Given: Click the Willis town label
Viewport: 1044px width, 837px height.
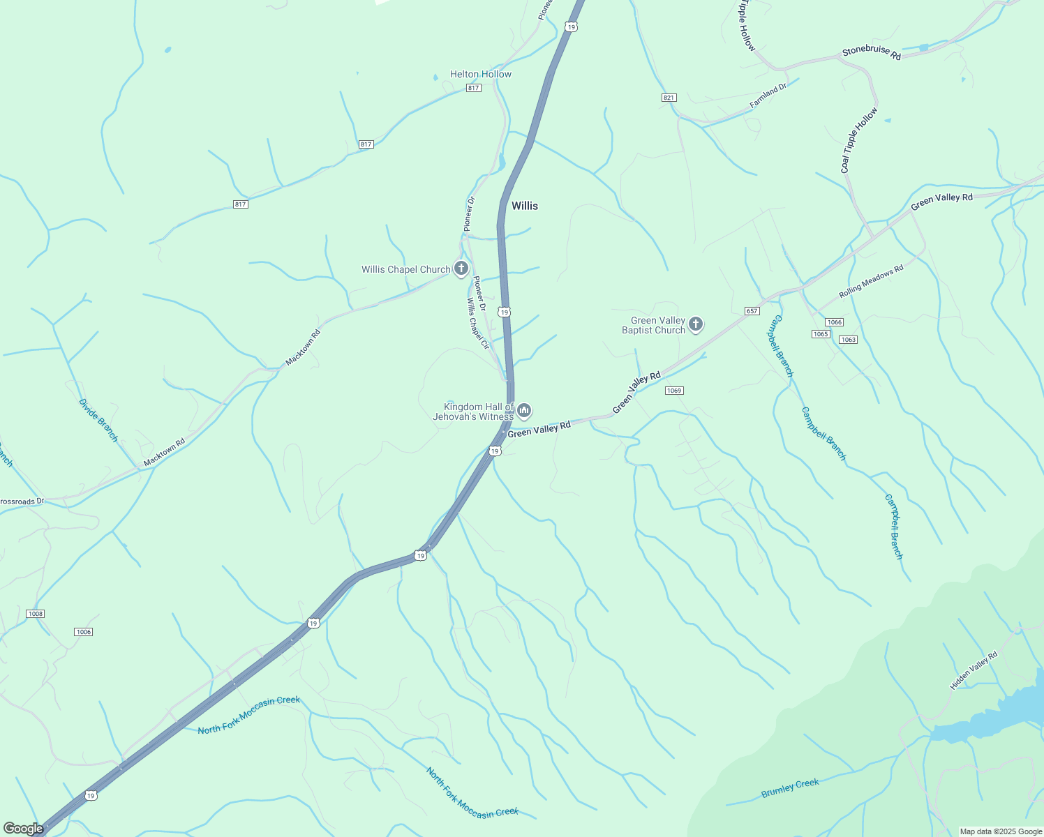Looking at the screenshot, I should [x=525, y=206].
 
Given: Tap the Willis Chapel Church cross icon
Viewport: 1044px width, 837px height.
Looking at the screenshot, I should [x=461, y=268].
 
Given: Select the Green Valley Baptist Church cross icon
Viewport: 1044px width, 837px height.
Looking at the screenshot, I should [x=695, y=324].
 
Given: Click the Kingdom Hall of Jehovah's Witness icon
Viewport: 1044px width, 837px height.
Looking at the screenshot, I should [x=524, y=411].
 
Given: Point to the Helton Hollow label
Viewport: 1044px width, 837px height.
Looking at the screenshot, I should [x=481, y=74].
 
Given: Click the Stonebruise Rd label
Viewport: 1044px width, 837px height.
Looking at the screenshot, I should [x=871, y=52].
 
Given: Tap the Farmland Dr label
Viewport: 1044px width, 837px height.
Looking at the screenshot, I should [x=768, y=96].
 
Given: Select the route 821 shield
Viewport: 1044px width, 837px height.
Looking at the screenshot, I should [x=669, y=98].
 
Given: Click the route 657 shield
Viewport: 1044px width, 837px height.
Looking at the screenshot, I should [x=752, y=311].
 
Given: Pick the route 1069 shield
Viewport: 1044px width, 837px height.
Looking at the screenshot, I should [x=673, y=391].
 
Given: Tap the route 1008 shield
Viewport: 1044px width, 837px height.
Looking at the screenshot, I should [x=35, y=614].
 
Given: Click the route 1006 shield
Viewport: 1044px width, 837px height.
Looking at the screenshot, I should [x=83, y=632].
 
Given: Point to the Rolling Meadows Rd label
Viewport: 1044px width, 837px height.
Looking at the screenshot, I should [x=871, y=282].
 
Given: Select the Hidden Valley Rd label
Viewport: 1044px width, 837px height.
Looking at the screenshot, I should [x=974, y=670].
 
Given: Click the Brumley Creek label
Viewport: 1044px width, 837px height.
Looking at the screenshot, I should [x=790, y=788].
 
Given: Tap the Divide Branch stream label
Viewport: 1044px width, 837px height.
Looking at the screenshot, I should [x=98, y=420].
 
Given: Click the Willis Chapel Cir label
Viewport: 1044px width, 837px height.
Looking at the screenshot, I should [x=478, y=324].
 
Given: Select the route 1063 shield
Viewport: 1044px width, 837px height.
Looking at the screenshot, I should [x=848, y=340].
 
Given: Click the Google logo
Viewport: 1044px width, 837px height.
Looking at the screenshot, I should [x=23, y=829].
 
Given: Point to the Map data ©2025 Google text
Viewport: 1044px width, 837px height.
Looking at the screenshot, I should [x=1001, y=831].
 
